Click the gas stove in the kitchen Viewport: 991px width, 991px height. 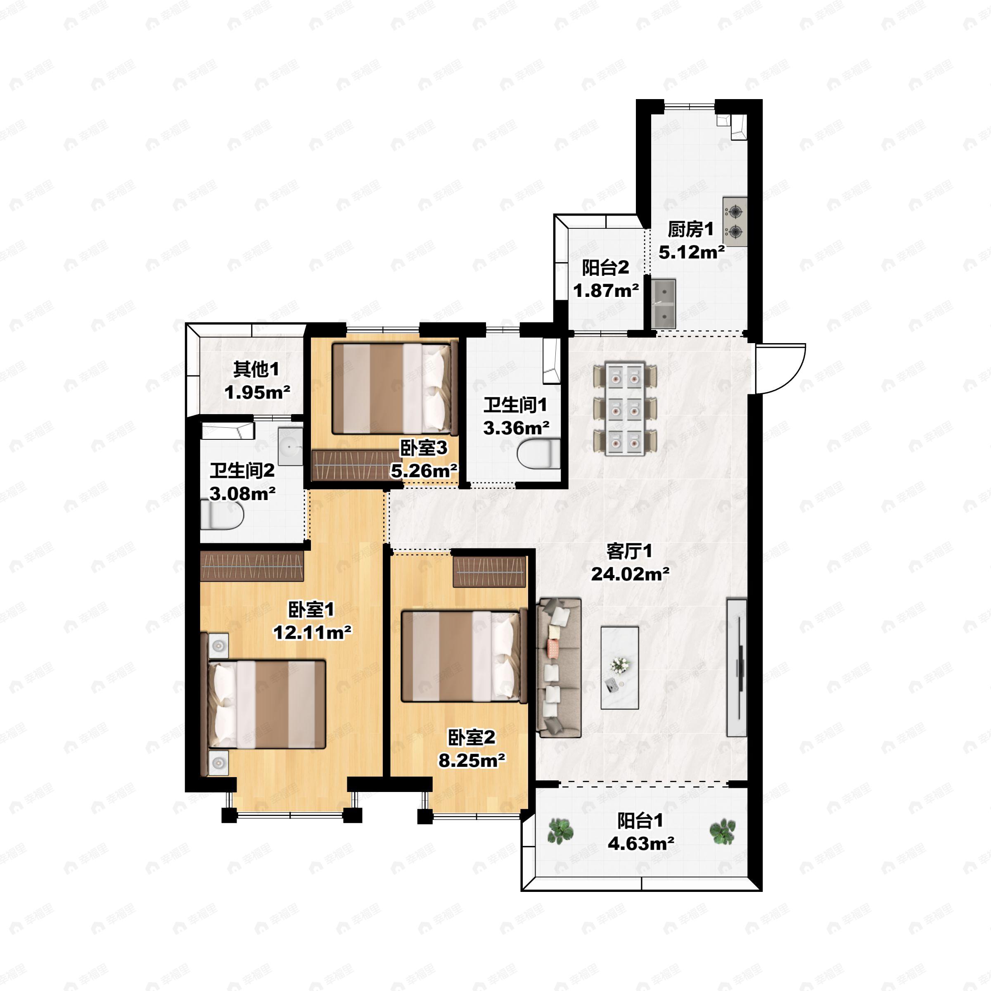[x=735, y=222]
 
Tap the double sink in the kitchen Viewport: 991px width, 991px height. [x=663, y=303]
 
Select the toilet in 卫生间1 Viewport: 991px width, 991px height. [x=538, y=454]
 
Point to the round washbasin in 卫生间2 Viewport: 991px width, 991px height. [x=290, y=447]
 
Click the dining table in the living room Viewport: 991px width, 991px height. [x=625, y=408]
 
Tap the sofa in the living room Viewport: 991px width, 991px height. [x=559, y=667]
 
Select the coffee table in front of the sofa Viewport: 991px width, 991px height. [x=620, y=667]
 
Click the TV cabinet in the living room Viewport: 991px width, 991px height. [x=737, y=667]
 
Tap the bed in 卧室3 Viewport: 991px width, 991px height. [x=394, y=388]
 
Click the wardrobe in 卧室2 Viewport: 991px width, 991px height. [x=489, y=571]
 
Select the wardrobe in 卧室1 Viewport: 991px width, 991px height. [x=252, y=566]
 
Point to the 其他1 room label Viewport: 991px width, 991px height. [x=256, y=369]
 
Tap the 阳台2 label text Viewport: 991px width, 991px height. [x=605, y=267]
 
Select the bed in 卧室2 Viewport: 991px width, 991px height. [x=464, y=656]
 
